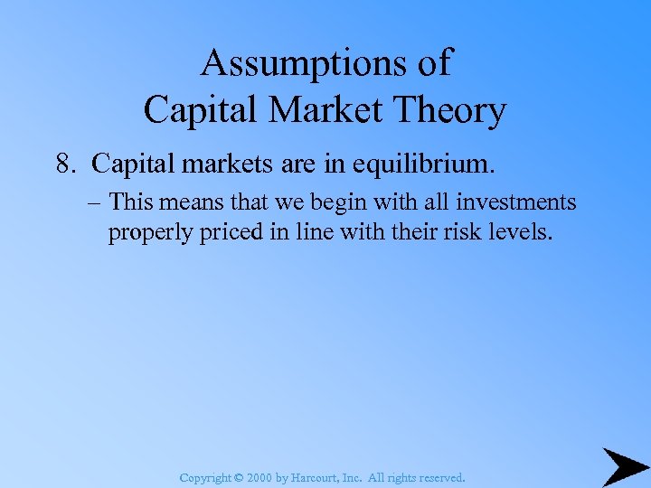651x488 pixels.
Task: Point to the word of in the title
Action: click(430, 64)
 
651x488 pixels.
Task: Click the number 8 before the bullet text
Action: click(62, 164)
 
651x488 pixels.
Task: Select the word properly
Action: click(147, 233)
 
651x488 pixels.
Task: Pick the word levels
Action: click(513, 232)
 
